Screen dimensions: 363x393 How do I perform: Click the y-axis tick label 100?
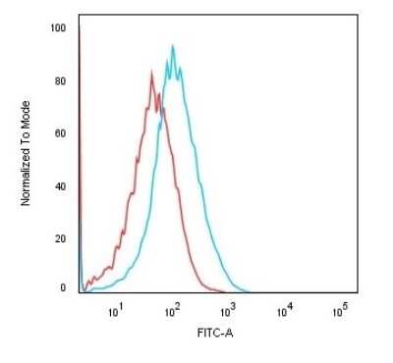coord(58,28)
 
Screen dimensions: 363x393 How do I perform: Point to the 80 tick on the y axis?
coord(60,81)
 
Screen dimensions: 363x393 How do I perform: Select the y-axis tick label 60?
coord(60,133)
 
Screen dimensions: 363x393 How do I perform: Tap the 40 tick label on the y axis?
coord(60,186)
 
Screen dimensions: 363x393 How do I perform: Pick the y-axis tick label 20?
coord(60,238)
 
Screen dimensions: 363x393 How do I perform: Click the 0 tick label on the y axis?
coord(63,288)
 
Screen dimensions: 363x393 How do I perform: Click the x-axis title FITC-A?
coord(218,335)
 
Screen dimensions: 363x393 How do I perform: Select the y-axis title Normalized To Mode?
coord(27,157)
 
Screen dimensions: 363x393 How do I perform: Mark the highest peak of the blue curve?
coord(173,45)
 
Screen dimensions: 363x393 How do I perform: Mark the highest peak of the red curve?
coord(151,70)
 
